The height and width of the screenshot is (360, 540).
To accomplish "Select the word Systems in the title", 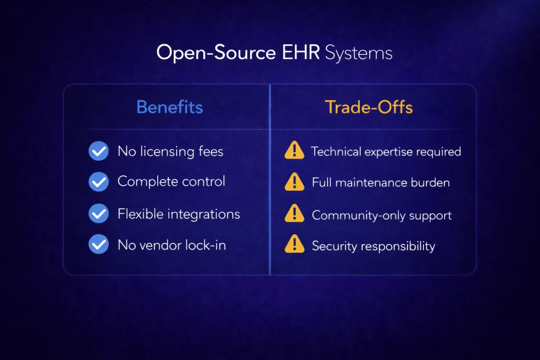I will [x=359, y=53].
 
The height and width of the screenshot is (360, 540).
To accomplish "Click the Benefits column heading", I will [x=169, y=108].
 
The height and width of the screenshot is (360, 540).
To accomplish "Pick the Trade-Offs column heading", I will [x=369, y=108].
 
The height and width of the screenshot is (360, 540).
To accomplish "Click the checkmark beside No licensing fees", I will [x=99, y=151].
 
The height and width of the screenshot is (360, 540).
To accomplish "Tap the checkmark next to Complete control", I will [x=99, y=182].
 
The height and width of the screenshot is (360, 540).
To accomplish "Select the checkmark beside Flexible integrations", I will [x=99, y=214].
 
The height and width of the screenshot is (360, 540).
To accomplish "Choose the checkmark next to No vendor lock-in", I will [x=99, y=245].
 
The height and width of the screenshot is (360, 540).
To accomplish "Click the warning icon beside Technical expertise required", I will [x=294, y=151].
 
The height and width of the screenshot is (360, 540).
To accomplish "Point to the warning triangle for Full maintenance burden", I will [x=294, y=182].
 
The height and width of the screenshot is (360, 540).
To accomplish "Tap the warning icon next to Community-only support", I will [x=294, y=215].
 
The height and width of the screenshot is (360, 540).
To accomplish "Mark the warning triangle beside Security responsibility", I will [x=294, y=245].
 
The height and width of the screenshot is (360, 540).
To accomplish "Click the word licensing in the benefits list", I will [x=168, y=152].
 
